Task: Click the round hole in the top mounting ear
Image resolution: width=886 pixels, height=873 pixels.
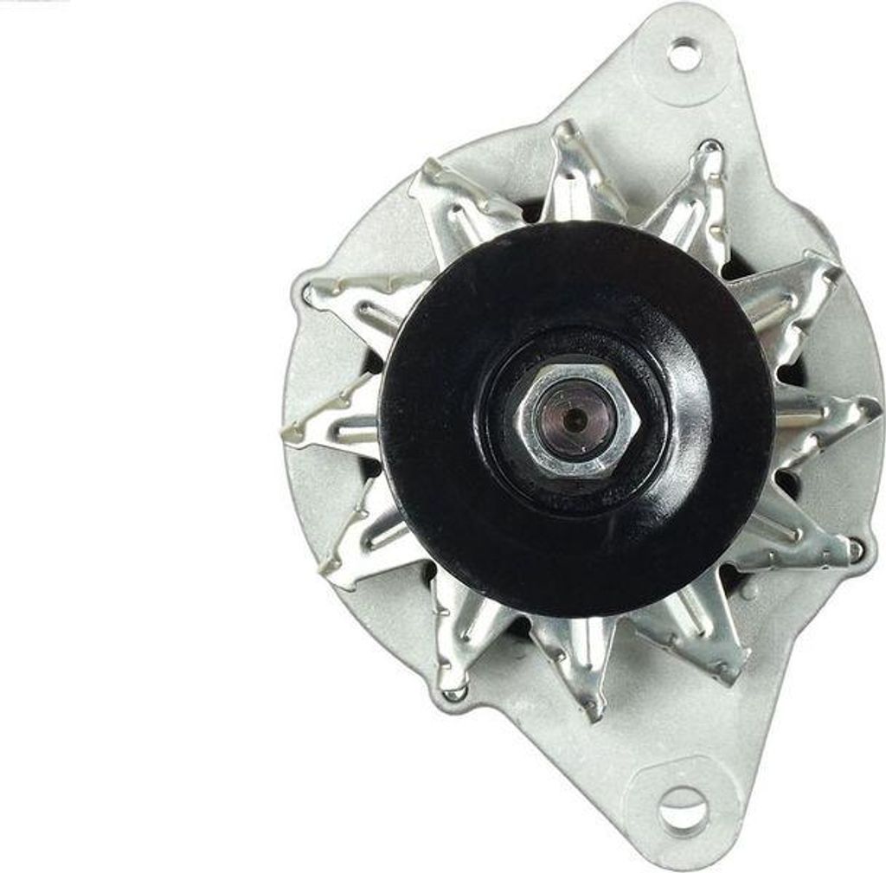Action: coord(684,55)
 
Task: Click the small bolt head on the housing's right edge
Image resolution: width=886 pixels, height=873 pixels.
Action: coord(856,547)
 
